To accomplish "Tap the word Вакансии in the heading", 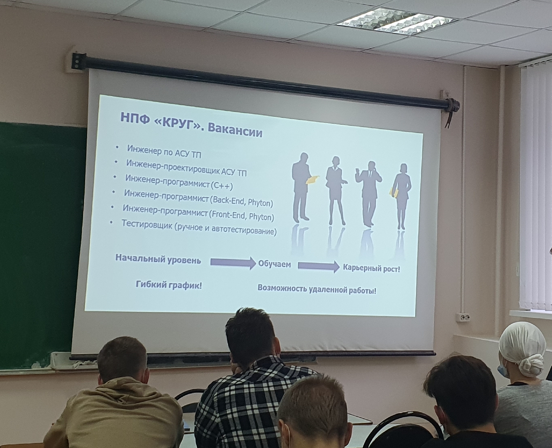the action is click(235, 131).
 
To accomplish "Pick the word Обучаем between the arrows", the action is click(274, 264).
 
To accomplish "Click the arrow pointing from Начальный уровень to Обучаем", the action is click(233, 263).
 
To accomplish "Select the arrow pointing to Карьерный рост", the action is click(318, 266).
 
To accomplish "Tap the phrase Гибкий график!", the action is click(169, 285).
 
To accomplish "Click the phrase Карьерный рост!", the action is click(371, 268).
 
